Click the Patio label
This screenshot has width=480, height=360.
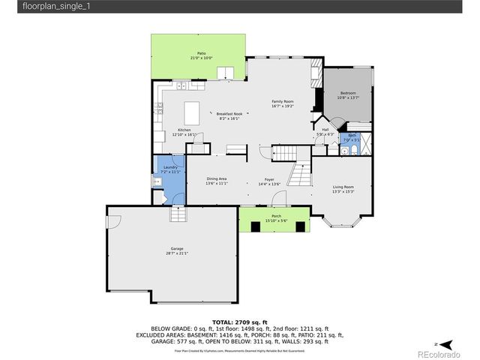point(201,52)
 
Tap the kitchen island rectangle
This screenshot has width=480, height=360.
point(192,113)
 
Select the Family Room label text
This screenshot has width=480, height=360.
point(283,101)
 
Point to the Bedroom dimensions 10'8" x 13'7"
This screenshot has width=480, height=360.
point(348,97)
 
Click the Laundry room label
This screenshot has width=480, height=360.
point(169,167)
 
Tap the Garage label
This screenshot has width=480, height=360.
point(177,248)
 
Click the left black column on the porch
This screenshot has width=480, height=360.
point(253,227)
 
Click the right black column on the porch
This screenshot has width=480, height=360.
point(300,227)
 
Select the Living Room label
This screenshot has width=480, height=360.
point(343,187)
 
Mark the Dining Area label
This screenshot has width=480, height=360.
point(217,178)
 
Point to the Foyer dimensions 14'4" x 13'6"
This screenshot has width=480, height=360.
point(269,184)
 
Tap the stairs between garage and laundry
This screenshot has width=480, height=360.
point(177,215)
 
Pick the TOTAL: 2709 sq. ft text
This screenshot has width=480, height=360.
point(240,320)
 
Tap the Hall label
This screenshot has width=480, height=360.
point(325,130)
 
